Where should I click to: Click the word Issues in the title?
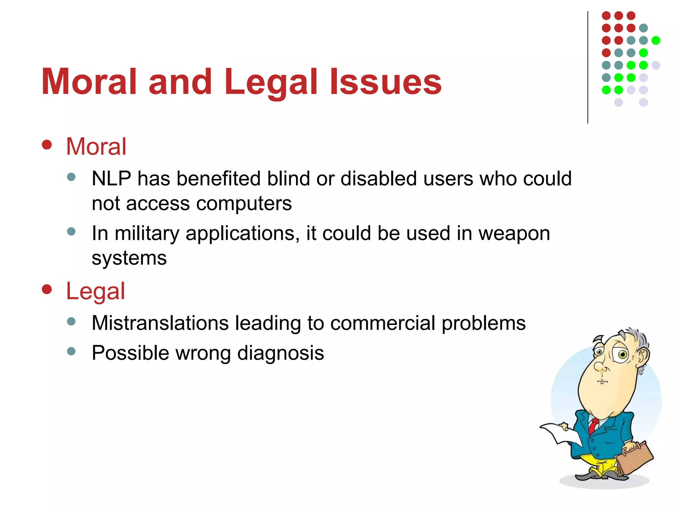386,82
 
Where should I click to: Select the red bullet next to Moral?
47,145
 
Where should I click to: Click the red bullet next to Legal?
47,289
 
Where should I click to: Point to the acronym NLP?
111,179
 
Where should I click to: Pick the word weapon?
514,234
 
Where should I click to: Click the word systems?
129,258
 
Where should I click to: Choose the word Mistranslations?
160,323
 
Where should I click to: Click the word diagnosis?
280,353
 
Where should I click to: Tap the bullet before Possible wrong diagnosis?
71,351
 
